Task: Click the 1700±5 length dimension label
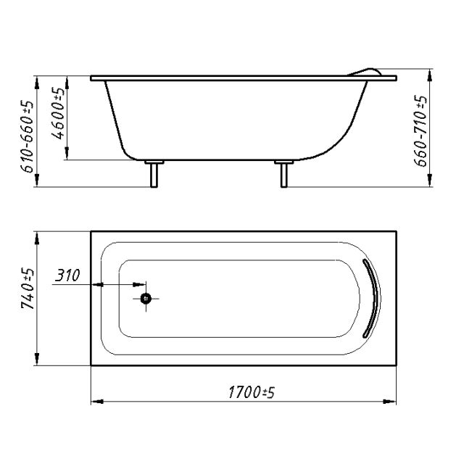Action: pos(252,392)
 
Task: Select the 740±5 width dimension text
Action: pos(28,289)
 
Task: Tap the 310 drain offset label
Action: pos(67,275)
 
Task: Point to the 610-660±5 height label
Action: pos(27,136)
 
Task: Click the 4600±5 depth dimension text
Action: pos(58,113)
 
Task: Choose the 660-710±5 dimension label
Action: pos(420,130)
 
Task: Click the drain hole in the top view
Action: pos(146,299)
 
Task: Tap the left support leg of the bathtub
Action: pos(154,175)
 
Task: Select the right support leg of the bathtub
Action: pos(283,175)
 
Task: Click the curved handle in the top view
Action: pos(374,298)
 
